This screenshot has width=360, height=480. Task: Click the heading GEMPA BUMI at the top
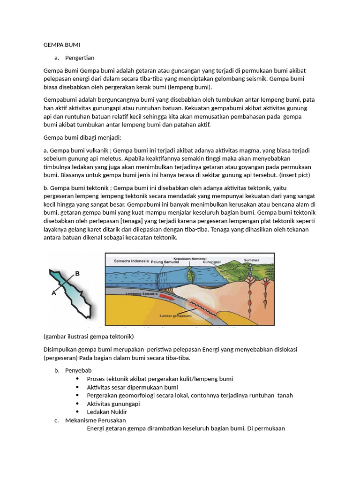click(62, 45)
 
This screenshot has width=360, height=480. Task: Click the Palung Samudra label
click(165, 262)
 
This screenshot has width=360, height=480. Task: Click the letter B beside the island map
click(77, 273)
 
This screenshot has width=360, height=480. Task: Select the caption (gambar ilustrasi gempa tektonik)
click(89, 337)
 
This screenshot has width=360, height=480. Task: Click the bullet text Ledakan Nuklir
click(107, 412)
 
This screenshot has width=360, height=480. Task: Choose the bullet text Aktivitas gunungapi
click(113, 404)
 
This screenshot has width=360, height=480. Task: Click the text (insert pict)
click(295, 175)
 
